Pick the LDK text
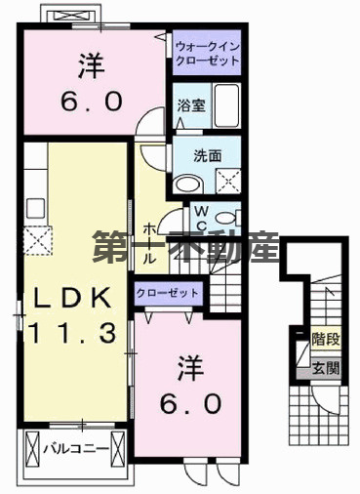pos(68,297)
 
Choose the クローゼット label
pos(168,293)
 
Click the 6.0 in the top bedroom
pos(90,101)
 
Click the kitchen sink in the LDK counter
pos(37,207)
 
